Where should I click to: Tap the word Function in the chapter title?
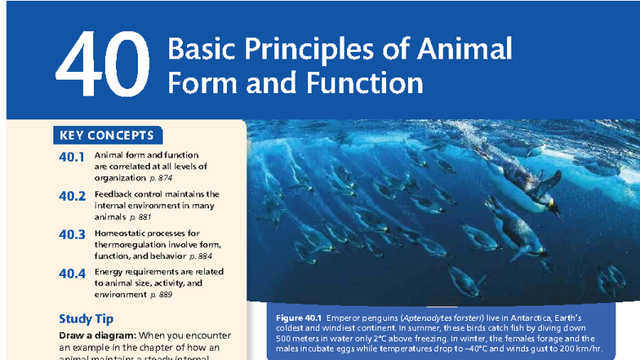tap(372, 83)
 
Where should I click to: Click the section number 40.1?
tap(72, 157)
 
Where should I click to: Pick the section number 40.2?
tap(72, 196)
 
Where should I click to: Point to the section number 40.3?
tap(72, 235)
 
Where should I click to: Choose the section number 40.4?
tap(72, 273)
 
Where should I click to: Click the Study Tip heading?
tap(86, 318)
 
